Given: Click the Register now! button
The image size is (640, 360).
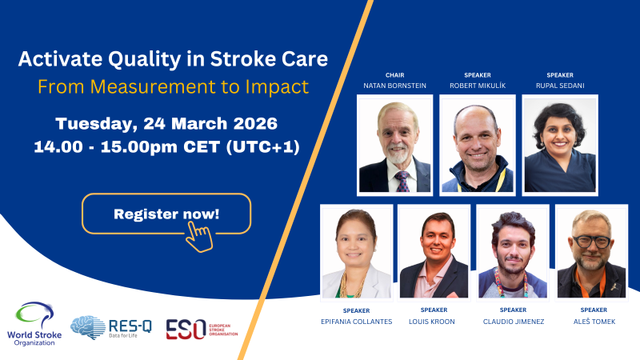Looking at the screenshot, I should click(x=166, y=214).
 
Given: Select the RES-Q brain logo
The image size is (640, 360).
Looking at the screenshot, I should click(x=87, y=327).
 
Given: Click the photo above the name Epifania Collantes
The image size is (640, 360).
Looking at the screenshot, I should click(x=356, y=251).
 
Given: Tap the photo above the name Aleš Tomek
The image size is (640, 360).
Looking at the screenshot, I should click(x=591, y=251).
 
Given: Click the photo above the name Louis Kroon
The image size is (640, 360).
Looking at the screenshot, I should click(x=434, y=251).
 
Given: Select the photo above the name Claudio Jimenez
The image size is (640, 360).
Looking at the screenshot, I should click(x=513, y=251).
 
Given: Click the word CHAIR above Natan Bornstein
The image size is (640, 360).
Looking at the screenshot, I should click(x=394, y=75).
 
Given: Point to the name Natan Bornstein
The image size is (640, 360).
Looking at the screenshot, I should click(x=394, y=85).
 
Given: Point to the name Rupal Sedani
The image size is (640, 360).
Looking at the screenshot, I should click(x=560, y=85).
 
